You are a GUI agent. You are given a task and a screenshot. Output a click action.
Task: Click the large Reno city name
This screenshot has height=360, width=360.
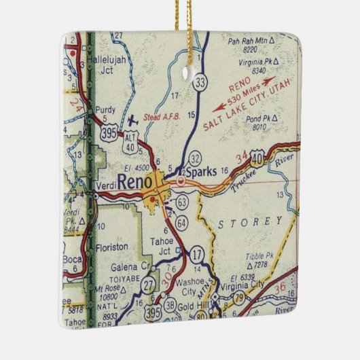(135, 182)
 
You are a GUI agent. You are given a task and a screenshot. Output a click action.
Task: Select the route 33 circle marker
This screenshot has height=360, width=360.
(199, 83)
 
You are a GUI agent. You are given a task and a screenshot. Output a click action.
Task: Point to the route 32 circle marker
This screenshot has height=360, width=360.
(195, 158)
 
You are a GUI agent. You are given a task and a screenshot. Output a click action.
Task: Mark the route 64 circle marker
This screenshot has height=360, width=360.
(180, 223)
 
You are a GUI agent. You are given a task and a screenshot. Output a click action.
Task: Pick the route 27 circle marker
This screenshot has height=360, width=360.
(148, 283)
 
